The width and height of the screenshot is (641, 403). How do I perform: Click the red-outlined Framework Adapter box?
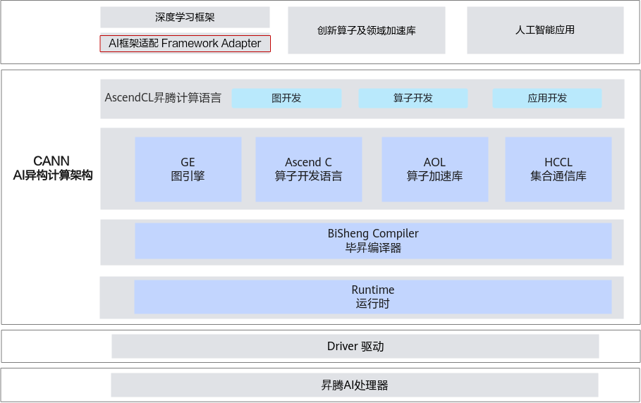185,44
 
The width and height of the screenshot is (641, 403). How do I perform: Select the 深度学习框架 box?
185,17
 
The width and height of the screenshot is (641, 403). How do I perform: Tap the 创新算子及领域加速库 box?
366,30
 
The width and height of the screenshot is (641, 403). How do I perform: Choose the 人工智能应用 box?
545,30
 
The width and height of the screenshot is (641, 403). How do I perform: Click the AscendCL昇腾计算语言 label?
163,98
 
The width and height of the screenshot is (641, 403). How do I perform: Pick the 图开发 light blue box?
286,99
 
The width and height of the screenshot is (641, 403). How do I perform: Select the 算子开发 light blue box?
413,99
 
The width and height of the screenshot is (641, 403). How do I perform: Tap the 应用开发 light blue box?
547,99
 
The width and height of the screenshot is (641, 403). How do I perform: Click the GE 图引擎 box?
188,169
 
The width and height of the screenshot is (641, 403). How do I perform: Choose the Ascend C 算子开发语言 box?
309,169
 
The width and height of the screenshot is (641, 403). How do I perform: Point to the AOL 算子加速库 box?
435,169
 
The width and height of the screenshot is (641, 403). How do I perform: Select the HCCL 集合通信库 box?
558,169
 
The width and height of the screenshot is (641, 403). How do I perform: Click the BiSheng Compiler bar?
373,241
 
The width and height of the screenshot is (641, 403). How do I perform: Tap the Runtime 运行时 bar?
373,297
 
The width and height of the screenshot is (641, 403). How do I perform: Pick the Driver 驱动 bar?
355,346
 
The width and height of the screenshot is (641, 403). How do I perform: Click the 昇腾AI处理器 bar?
355,385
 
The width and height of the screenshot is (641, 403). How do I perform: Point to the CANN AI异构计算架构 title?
53,168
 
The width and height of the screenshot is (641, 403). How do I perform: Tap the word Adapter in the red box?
241,43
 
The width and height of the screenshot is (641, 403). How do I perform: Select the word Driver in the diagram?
343,346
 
